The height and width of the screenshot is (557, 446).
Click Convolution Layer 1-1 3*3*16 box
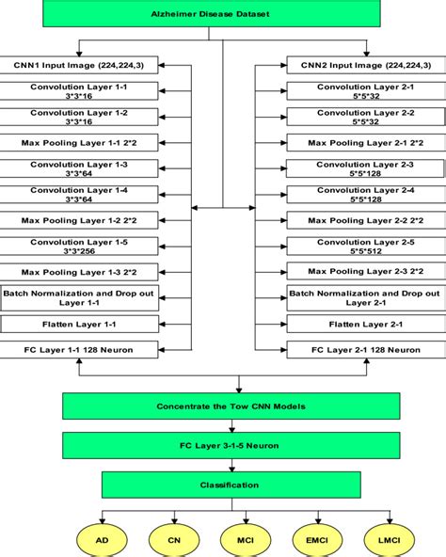coord(81,91)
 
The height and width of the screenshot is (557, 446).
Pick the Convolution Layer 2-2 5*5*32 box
coord(364,117)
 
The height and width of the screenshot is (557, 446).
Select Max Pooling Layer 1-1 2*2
coord(81,143)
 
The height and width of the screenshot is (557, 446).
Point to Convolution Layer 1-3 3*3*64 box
coord(81,169)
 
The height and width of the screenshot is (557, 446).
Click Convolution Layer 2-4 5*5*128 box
coord(364,195)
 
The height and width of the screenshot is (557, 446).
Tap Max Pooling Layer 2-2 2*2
coord(364,220)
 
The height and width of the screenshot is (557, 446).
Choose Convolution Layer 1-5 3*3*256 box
coord(81,247)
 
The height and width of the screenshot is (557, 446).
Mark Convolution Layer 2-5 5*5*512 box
coord(364,247)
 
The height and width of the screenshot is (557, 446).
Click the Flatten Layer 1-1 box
coord(81,324)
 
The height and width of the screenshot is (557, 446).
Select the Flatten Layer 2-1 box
coord(364,324)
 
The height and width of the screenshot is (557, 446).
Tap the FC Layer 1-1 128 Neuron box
coord(81,350)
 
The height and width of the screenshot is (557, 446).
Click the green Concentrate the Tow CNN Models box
coord(224,406)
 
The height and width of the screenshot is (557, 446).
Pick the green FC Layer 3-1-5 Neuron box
coord(224,445)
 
